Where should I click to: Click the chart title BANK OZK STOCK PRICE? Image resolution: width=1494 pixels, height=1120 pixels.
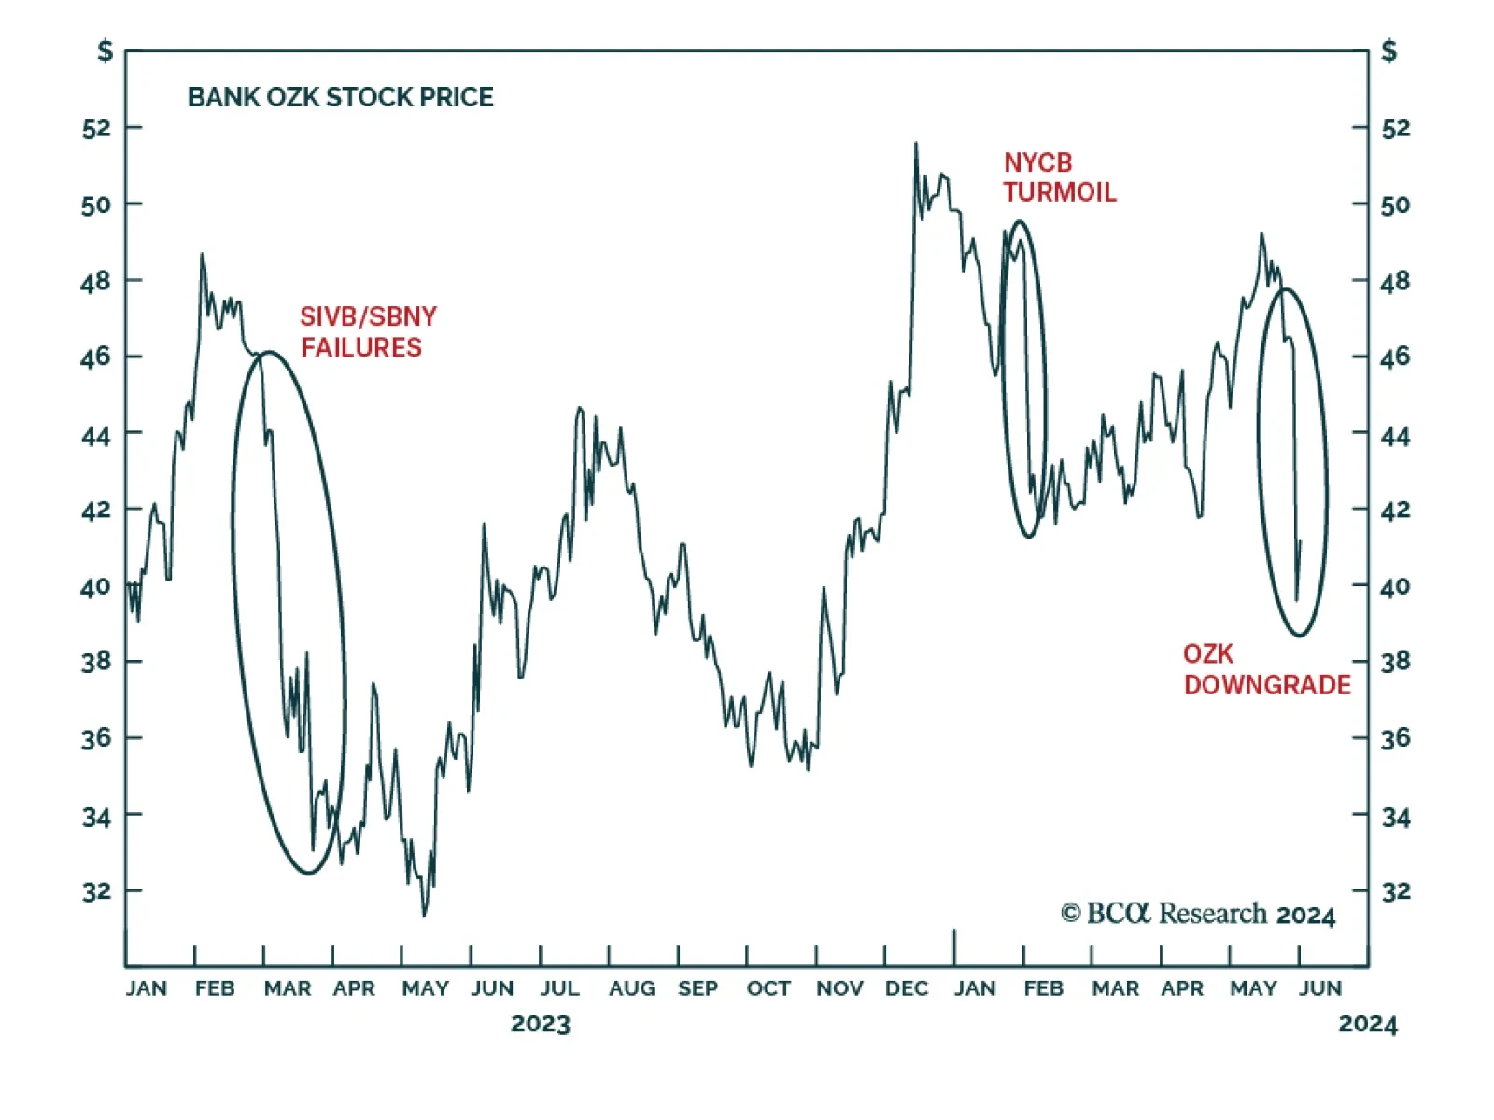341,97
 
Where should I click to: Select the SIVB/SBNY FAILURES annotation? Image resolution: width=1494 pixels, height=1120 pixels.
368,331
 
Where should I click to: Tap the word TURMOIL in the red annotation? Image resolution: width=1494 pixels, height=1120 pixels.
1060,192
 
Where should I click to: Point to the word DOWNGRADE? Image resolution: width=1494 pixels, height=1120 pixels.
1267,685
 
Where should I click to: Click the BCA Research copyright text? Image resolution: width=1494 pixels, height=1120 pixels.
1198,914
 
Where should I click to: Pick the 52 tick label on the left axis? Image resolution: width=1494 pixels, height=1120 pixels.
96,128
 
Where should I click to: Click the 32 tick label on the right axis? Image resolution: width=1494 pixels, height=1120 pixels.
1396,891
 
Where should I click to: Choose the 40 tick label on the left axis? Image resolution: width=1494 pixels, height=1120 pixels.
96,587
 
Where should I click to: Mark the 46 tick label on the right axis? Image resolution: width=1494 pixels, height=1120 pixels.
1396,357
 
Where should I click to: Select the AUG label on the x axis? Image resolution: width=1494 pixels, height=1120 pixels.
632,988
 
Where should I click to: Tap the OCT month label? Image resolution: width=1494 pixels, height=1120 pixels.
768,988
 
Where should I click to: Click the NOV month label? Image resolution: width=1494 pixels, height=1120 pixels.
839,988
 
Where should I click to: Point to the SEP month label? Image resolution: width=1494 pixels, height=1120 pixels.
698,988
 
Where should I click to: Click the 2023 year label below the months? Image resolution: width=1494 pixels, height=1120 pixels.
541,1024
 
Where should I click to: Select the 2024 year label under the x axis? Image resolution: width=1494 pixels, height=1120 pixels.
1368,1024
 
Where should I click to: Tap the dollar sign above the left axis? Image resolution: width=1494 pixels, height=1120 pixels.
106,50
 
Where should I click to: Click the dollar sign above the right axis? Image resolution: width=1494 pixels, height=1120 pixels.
1389,50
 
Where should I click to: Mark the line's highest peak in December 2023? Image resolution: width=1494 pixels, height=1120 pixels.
915,144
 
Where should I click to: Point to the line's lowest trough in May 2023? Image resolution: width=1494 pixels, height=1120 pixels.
424,915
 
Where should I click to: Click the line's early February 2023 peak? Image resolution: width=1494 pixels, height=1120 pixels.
202,254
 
